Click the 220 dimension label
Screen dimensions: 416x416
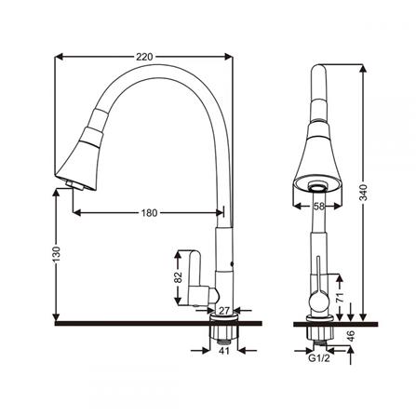click(144, 57)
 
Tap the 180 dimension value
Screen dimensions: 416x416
click(149, 213)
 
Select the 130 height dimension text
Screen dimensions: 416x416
click(57, 254)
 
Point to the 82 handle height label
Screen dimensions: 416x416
click(178, 277)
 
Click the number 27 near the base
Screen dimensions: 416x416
click(224, 310)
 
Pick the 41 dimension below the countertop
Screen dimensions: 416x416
click(223, 351)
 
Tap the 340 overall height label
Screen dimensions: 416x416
click(363, 193)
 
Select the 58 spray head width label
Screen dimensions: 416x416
click(318, 207)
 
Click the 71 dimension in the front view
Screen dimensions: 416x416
click(341, 297)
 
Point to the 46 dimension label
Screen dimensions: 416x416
click(351, 336)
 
